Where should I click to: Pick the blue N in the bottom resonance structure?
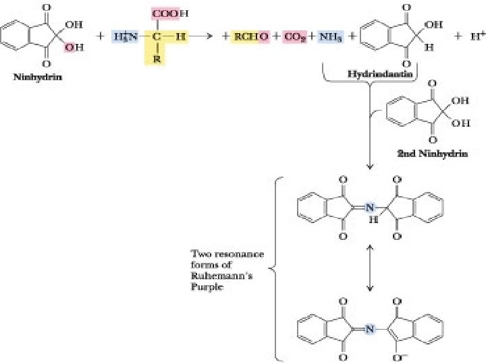pos(369,329)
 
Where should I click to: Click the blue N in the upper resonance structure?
pos(369,208)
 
